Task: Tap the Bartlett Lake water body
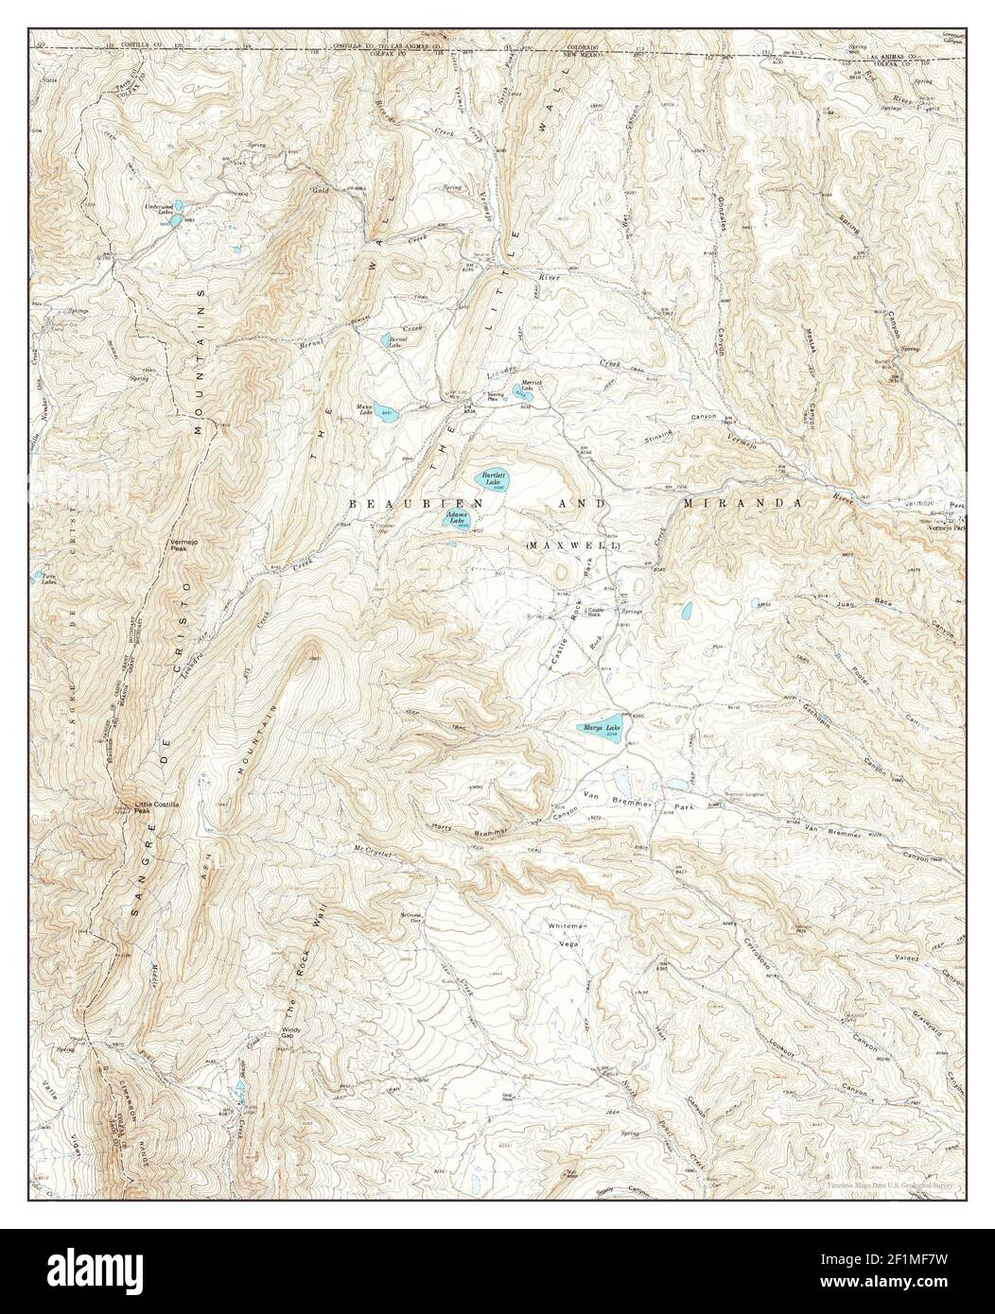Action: point(494,480)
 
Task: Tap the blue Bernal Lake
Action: point(392,341)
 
